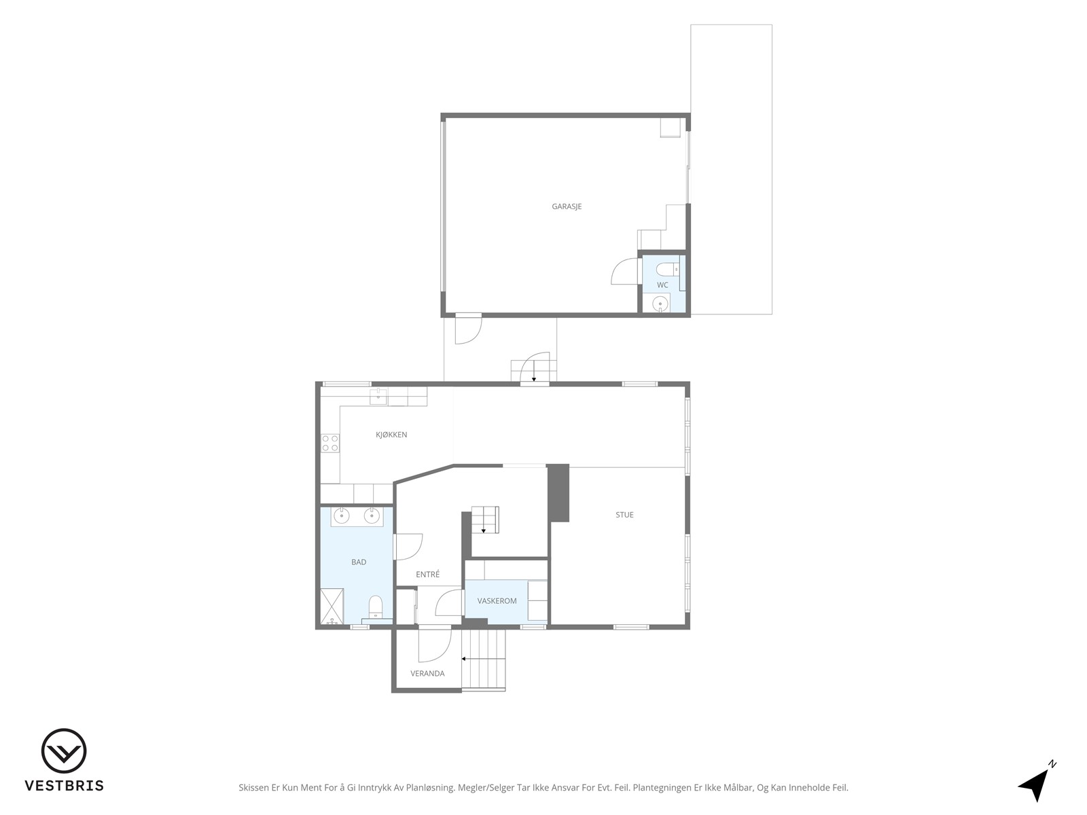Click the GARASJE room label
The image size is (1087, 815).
(x=567, y=206)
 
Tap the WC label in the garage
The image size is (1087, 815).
(x=662, y=285)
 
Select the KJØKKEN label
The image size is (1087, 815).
(x=391, y=435)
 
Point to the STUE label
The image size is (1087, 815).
(x=624, y=515)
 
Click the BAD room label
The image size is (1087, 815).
(x=359, y=562)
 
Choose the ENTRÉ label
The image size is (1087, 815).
(x=427, y=574)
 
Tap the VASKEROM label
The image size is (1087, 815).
(x=497, y=601)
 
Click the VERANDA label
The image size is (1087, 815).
(x=427, y=673)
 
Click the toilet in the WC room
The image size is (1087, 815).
(x=668, y=270)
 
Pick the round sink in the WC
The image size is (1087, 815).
(x=660, y=303)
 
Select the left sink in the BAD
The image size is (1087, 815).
(x=342, y=515)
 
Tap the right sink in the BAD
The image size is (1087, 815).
(x=372, y=515)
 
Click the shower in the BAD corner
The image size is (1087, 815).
(x=332, y=606)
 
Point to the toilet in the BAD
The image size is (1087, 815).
(x=376, y=606)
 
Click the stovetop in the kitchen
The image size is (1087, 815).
(x=330, y=443)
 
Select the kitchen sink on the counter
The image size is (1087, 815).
(x=379, y=396)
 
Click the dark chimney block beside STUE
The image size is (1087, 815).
(x=558, y=493)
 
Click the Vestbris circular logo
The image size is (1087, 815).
(x=64, y=750)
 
